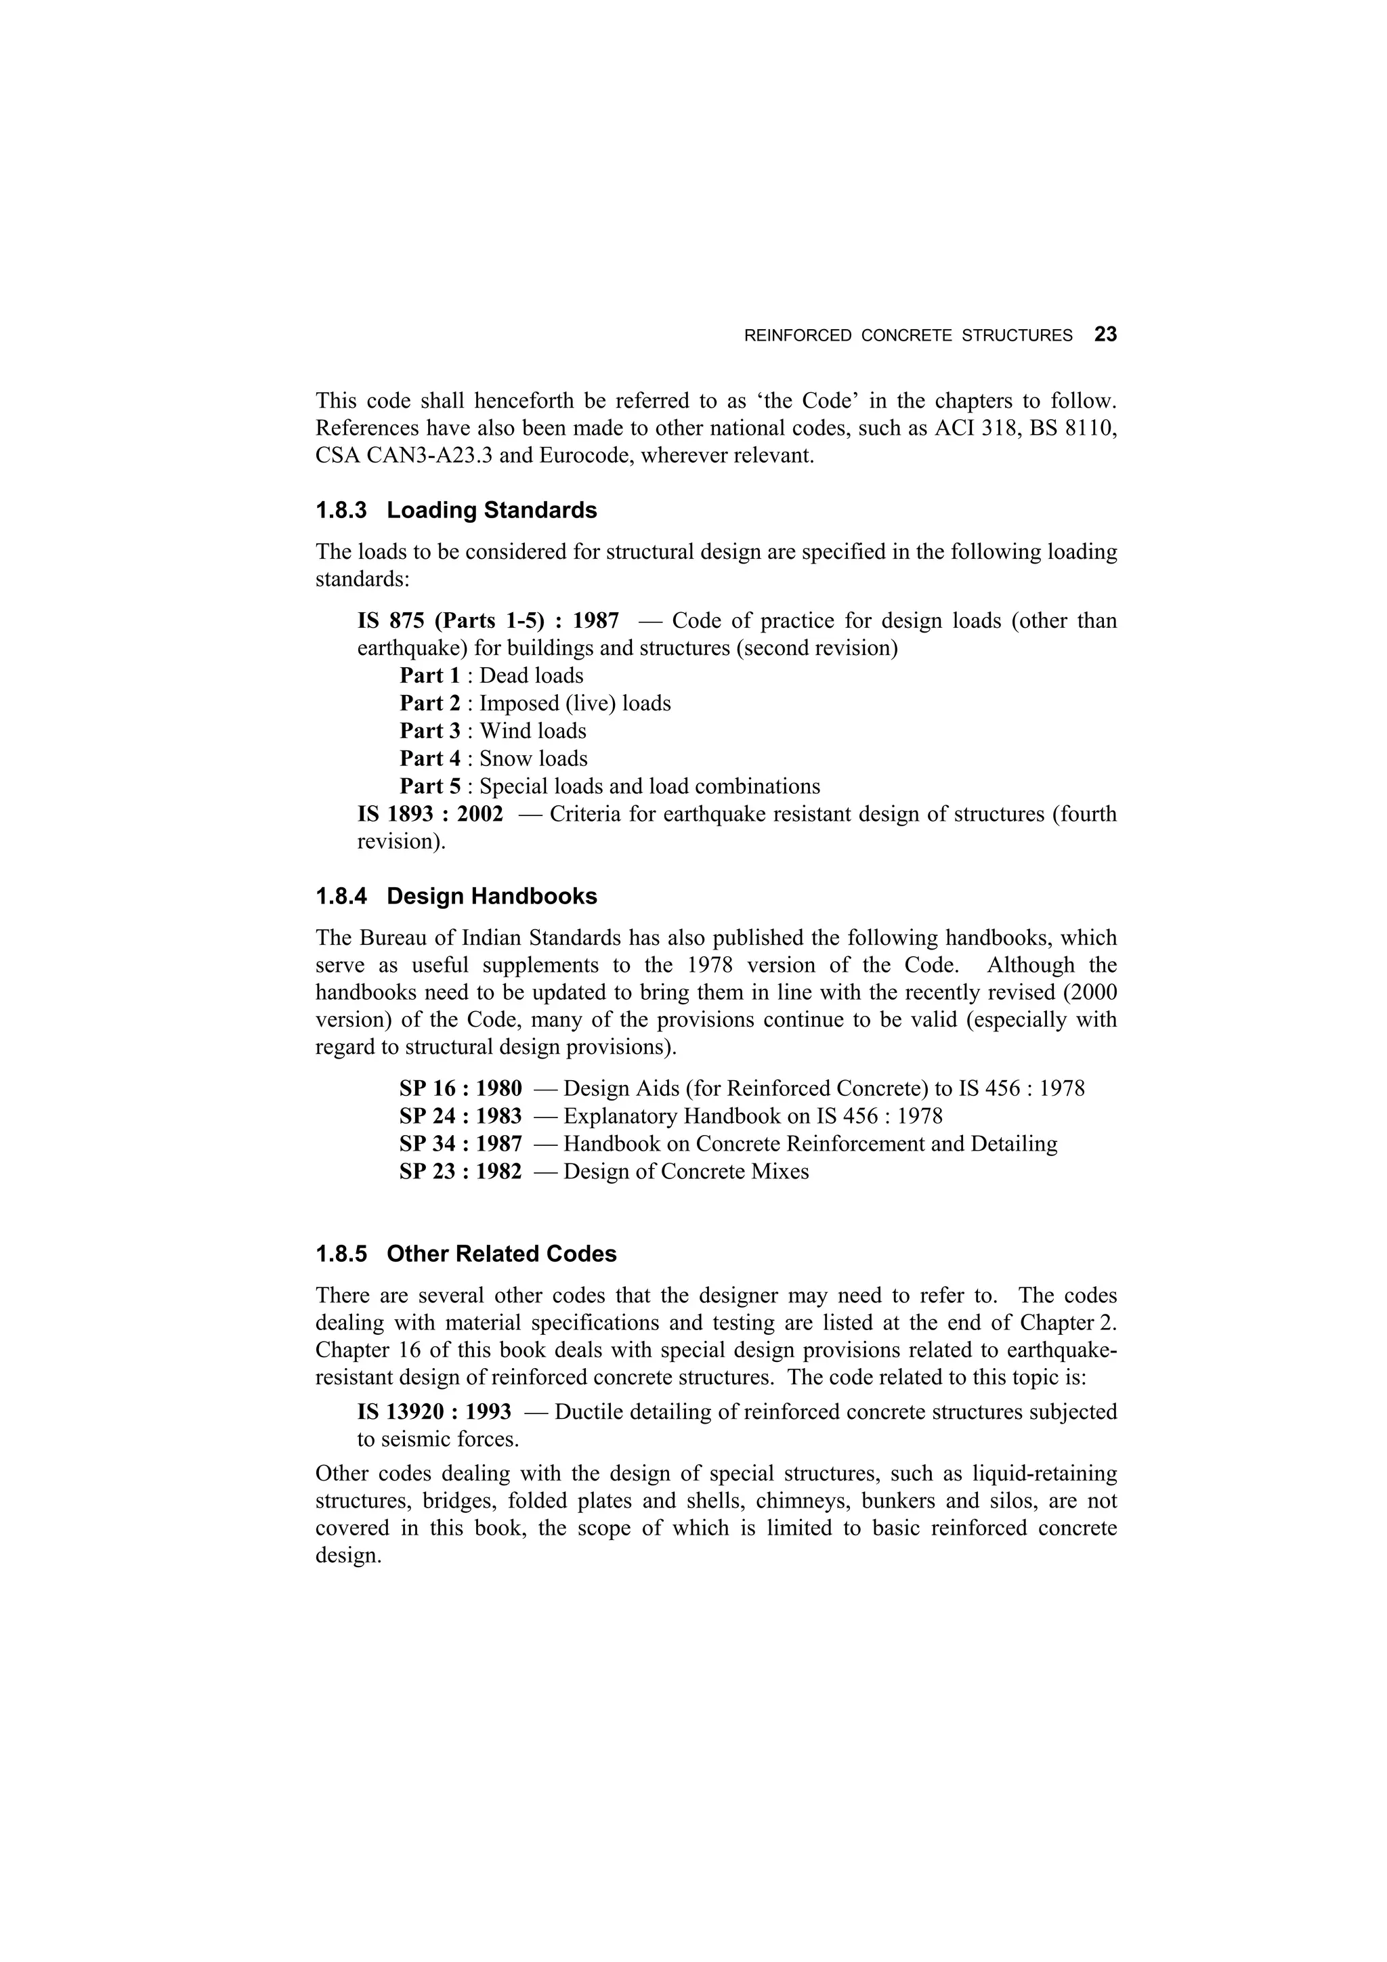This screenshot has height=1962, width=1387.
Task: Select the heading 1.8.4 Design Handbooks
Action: [x=456, y=897]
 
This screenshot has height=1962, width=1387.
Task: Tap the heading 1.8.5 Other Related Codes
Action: [x=466, y=1254]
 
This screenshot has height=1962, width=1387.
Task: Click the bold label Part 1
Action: [x=430, y=676]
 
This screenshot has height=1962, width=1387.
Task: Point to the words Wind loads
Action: [x=532, y=731]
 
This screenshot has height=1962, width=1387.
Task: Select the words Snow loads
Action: [x=533, y=759]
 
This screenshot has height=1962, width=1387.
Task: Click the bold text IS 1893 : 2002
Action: [x=430, y=813]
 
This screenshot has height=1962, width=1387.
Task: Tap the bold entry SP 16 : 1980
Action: [x=460, y=1088]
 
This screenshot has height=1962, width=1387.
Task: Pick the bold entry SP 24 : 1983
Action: [x=460, y=1116]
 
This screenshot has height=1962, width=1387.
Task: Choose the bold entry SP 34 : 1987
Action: [x=460, y=1143]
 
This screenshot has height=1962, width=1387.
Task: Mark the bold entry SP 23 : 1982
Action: [x=460, y=1171]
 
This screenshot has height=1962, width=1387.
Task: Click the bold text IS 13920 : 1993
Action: [x=434, y=1411]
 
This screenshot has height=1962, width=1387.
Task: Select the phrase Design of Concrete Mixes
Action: [x=685, y=1171]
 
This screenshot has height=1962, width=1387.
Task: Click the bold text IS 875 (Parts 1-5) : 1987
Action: [x=488, y=620]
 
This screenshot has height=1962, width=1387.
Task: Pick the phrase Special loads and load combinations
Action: [x=649, y=786]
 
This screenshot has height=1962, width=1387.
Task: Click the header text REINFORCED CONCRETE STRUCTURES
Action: [x=908, y=336]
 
